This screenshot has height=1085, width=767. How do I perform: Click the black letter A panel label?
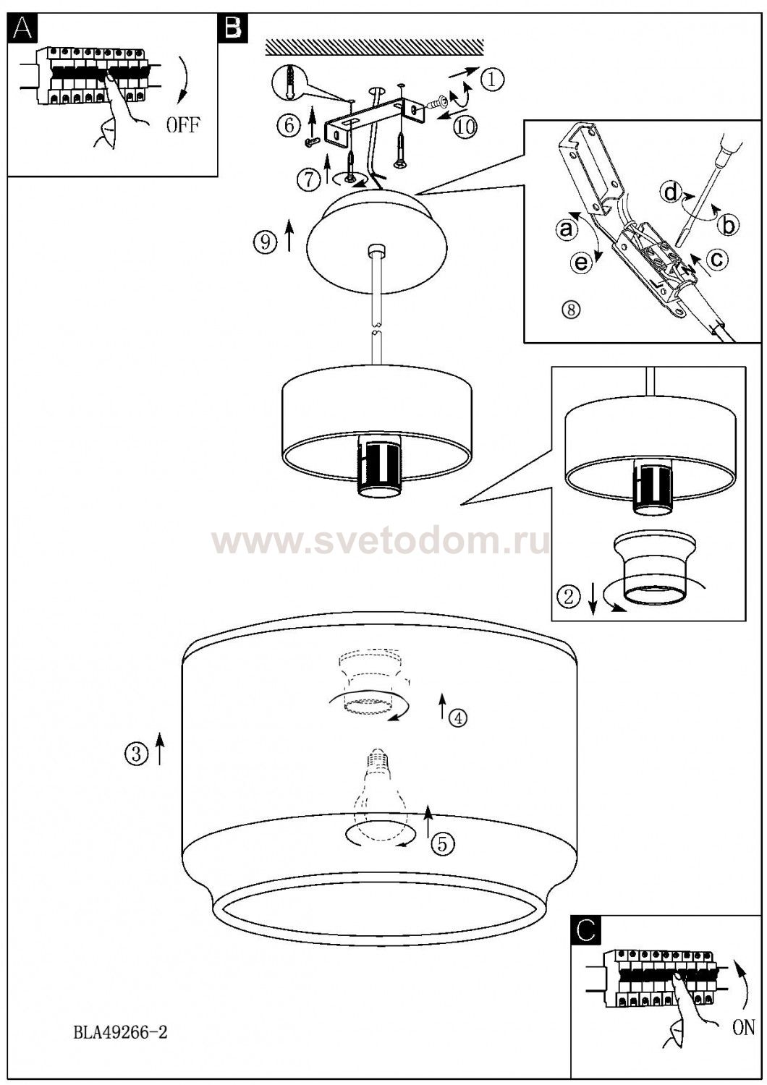tap(22, 29)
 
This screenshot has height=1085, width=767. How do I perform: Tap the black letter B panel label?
tap(234, 29)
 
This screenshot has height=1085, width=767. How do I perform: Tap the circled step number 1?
tap(492, 80)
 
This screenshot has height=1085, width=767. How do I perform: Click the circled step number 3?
tap(137, 754)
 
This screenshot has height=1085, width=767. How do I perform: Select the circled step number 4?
tap(457, 718)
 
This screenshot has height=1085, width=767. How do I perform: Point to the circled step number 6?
tap(289, 125)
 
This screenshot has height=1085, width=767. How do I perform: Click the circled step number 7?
tap(310, 180)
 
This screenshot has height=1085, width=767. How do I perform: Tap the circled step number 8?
tap(571, 310)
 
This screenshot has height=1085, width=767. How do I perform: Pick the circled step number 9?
tap(266, 241)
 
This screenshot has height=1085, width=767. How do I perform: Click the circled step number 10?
tap(465, 127)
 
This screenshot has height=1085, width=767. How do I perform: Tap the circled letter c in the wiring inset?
tap(716, 258)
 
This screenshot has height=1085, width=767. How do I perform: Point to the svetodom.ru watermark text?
tap(381, 540)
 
